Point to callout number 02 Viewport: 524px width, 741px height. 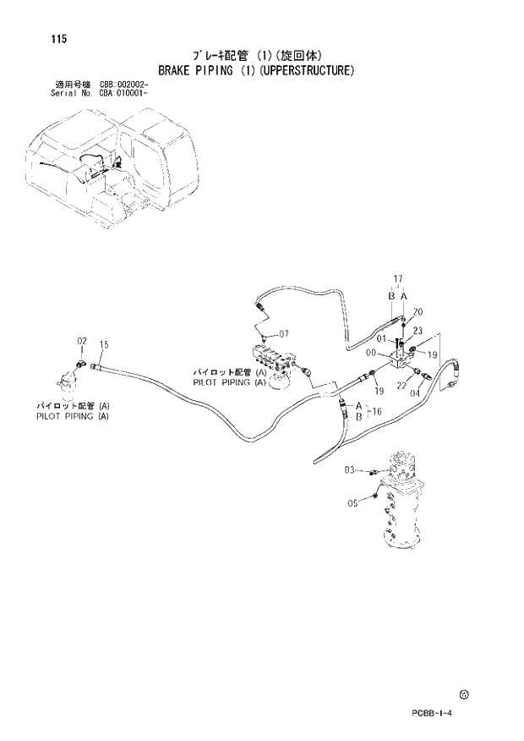(x=83, y=341)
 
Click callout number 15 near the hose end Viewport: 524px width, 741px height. (x=104, y=344)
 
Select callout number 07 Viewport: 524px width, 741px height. (x=284, y=332)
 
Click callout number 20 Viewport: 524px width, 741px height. (x=418, y=311)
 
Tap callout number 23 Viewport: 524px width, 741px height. (x=418, y=331)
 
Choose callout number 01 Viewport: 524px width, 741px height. (x=381, y=340)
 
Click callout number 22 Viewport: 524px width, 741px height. (x=401, y=385)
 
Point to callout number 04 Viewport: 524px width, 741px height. (x=415, y=392)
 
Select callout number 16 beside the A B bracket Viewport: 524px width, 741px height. (x=378, y=410)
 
